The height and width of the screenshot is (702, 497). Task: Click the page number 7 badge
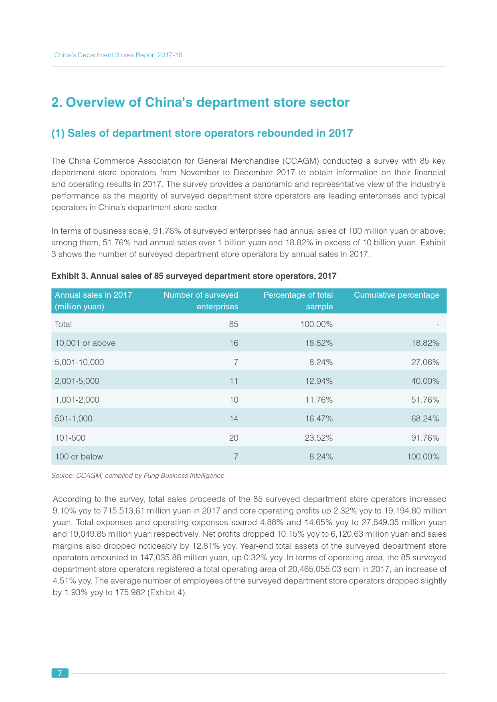60,673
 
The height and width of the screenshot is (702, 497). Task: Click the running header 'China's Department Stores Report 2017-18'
118,55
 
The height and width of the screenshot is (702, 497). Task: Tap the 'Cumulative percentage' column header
396,295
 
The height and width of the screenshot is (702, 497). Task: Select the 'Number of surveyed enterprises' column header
201,301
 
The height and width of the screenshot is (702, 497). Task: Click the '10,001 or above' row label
85,343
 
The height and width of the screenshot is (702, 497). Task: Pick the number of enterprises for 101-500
234,438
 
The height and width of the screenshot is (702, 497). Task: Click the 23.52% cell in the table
319,438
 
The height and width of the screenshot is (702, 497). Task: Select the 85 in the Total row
234,324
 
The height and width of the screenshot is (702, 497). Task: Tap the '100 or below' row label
79,457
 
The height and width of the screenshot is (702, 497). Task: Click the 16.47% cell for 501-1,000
319,419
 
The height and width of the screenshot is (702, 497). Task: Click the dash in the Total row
438,325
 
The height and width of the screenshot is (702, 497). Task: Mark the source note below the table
138,475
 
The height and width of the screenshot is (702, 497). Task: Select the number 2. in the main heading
57,102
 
